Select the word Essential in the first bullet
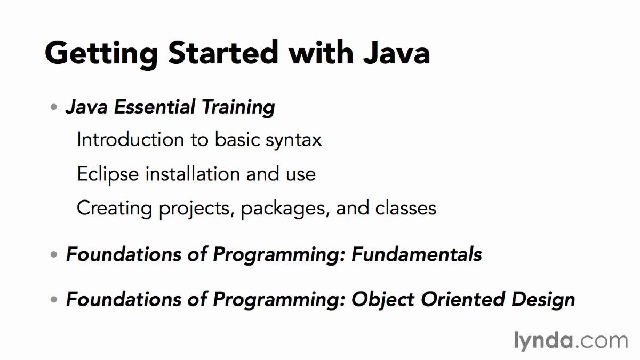[145, 108]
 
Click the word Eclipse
[105, 174]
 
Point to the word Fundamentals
[417, 254]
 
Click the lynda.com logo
[570, 340]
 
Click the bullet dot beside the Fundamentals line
[53, 255]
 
